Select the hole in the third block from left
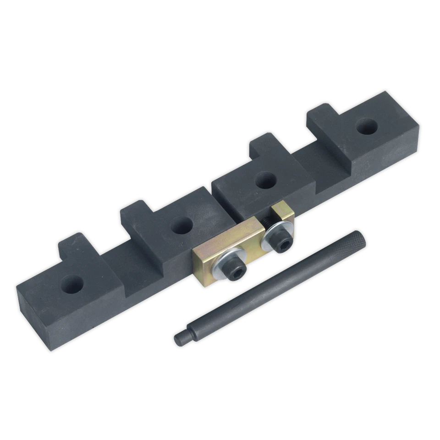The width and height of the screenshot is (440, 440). tap(263, 180)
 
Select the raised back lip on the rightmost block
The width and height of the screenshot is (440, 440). tap(323, 112)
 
